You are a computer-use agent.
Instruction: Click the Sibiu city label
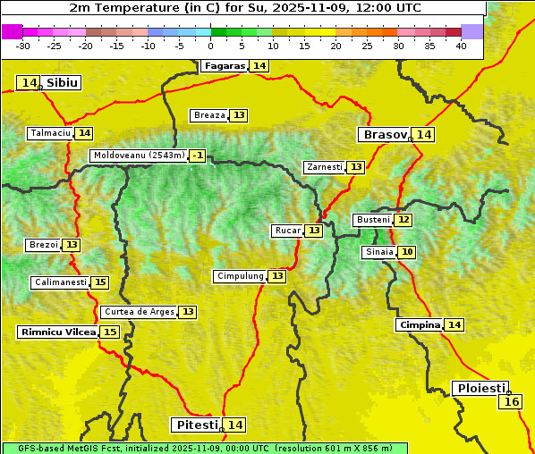[63, 83]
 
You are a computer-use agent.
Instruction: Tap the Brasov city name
[384, 135]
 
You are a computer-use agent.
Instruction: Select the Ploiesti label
[480, 389]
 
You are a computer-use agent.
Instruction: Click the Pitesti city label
[195, 425]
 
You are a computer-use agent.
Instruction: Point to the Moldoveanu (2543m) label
[139, 156]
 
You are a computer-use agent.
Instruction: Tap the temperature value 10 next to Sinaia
[407, 252]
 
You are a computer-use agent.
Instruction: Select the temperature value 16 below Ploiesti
[511, 402]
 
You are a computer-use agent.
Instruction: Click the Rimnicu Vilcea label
[57, 332]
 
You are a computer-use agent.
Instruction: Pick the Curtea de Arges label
[138, 312]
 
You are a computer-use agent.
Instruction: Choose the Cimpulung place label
[240, 276]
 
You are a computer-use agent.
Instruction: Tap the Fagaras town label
[224, 66]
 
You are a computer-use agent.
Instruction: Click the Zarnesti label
[324, 167]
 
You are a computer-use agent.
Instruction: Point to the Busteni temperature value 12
[403, 220]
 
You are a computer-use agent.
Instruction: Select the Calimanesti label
[61, 282]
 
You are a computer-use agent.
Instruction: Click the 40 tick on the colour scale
[461, 46]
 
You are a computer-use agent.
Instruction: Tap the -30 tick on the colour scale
[23, 46]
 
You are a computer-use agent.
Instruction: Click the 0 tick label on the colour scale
[210, 46]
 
